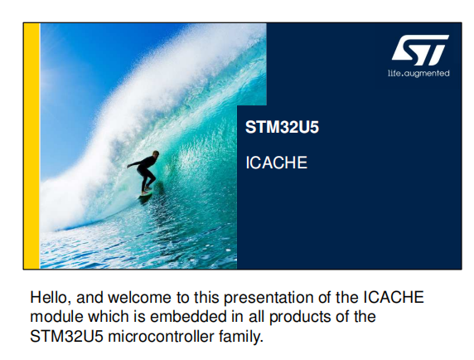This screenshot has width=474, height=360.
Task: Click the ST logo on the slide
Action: pyautogui.click(x=420, y=51)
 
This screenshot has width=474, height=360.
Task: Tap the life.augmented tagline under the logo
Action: pyautogui.click(x=418, y=73)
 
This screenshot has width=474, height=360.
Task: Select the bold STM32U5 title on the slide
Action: pyautogui.click(x=282, y=127)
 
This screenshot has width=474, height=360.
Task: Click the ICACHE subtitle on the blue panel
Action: pyautogui.click(x=276, y=163)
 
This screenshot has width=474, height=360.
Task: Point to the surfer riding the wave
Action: pyautogui.click(x=144, y=173)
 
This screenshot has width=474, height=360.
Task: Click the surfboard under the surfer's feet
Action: pyautogui.click(x=146, y=195)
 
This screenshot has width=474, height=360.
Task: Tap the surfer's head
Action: pyautogui.click(x=156, y=154)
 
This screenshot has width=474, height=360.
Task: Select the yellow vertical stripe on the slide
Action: pyautogui.click(x=31, y=146)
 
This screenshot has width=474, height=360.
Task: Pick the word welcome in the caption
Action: pyautogui.click(x=139, y=298)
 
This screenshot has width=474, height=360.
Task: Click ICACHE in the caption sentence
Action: pyautogui.click(x=394, y=298)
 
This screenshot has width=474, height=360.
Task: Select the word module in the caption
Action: pyautogui.click(x=56, y=317)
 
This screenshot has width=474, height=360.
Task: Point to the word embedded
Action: pyautogui.click(x=188, y=317)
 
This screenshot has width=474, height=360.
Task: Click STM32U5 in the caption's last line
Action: pyautogui.click(x=66, y=337)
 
